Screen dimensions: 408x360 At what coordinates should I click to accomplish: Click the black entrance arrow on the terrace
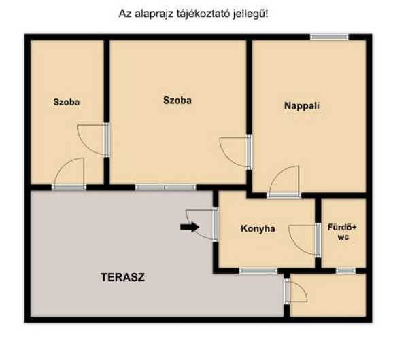coord(190,227)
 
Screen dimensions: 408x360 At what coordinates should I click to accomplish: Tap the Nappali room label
coord(302,106)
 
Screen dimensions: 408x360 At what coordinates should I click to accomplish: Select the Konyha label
coord(258,228)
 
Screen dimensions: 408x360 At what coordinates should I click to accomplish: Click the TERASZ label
coord(122,277)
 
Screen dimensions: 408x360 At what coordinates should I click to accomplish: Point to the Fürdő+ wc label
coord(342,232)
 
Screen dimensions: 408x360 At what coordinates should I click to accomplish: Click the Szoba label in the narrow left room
coord(67,102)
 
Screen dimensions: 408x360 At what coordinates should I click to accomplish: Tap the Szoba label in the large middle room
coord(177,101)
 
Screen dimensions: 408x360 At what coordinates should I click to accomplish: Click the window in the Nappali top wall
coord(329,37)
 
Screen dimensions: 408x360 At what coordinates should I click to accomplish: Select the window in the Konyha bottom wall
coord(258,271)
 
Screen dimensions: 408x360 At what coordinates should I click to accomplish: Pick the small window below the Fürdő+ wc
coord(345,271)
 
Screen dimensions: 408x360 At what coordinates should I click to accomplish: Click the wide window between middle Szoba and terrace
coord(165,187)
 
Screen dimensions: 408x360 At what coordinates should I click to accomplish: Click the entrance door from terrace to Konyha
coord(202,225)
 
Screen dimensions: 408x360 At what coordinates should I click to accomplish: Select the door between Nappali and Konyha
coord(284,183)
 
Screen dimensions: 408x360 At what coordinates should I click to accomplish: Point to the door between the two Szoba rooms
coord(93,140)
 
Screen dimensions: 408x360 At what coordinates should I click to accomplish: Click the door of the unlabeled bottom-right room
coord(296,291)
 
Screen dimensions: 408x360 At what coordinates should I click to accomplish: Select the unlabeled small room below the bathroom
coord(328,295)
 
